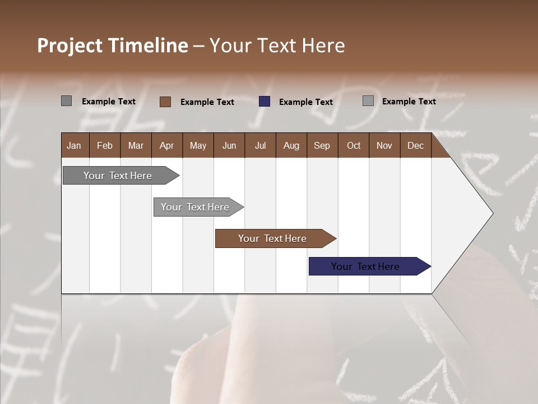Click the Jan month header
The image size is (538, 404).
tap(75, 145)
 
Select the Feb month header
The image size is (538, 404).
tap(105, 145)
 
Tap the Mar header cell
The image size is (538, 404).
tap(136, 145)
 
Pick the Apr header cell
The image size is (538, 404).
tap(167, 145)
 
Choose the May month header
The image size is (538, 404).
tap(198, 145)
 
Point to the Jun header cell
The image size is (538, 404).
tap(229, 145)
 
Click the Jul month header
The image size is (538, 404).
tap(260, 145)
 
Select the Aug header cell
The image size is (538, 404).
tap(291, 145)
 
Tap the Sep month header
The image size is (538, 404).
tap(322, 145)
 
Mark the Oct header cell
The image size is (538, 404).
tap(354, 145)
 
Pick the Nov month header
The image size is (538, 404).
tap(384, 145)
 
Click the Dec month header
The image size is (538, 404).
tap(416, 145)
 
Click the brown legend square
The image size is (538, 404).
tap(165, 102)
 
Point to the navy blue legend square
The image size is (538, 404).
tap(265, 102)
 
